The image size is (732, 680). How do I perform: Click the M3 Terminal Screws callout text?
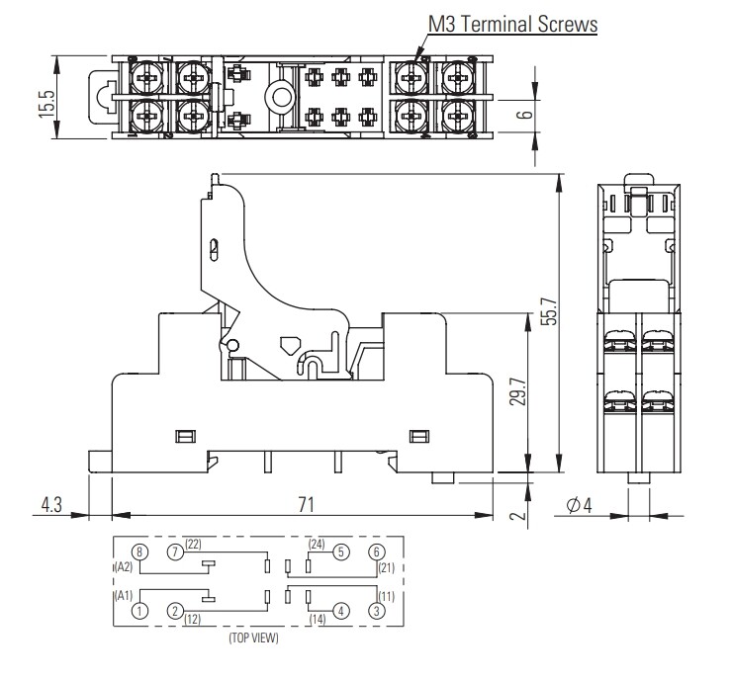(x=511, y=23)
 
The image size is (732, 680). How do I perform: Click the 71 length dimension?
(x=306, y=505)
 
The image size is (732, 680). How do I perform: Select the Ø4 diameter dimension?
(x=579, y=505)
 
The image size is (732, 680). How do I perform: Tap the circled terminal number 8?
(x=140, y=552)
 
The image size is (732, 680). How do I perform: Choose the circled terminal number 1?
(x=140, y=611)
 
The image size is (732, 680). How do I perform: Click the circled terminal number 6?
(x=376, y=552)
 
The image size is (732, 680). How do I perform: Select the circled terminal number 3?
(x=376, y=611)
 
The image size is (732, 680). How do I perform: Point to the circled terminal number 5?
(x=340, y=552)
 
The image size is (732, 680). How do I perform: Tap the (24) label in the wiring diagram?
(x=317, y=544)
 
